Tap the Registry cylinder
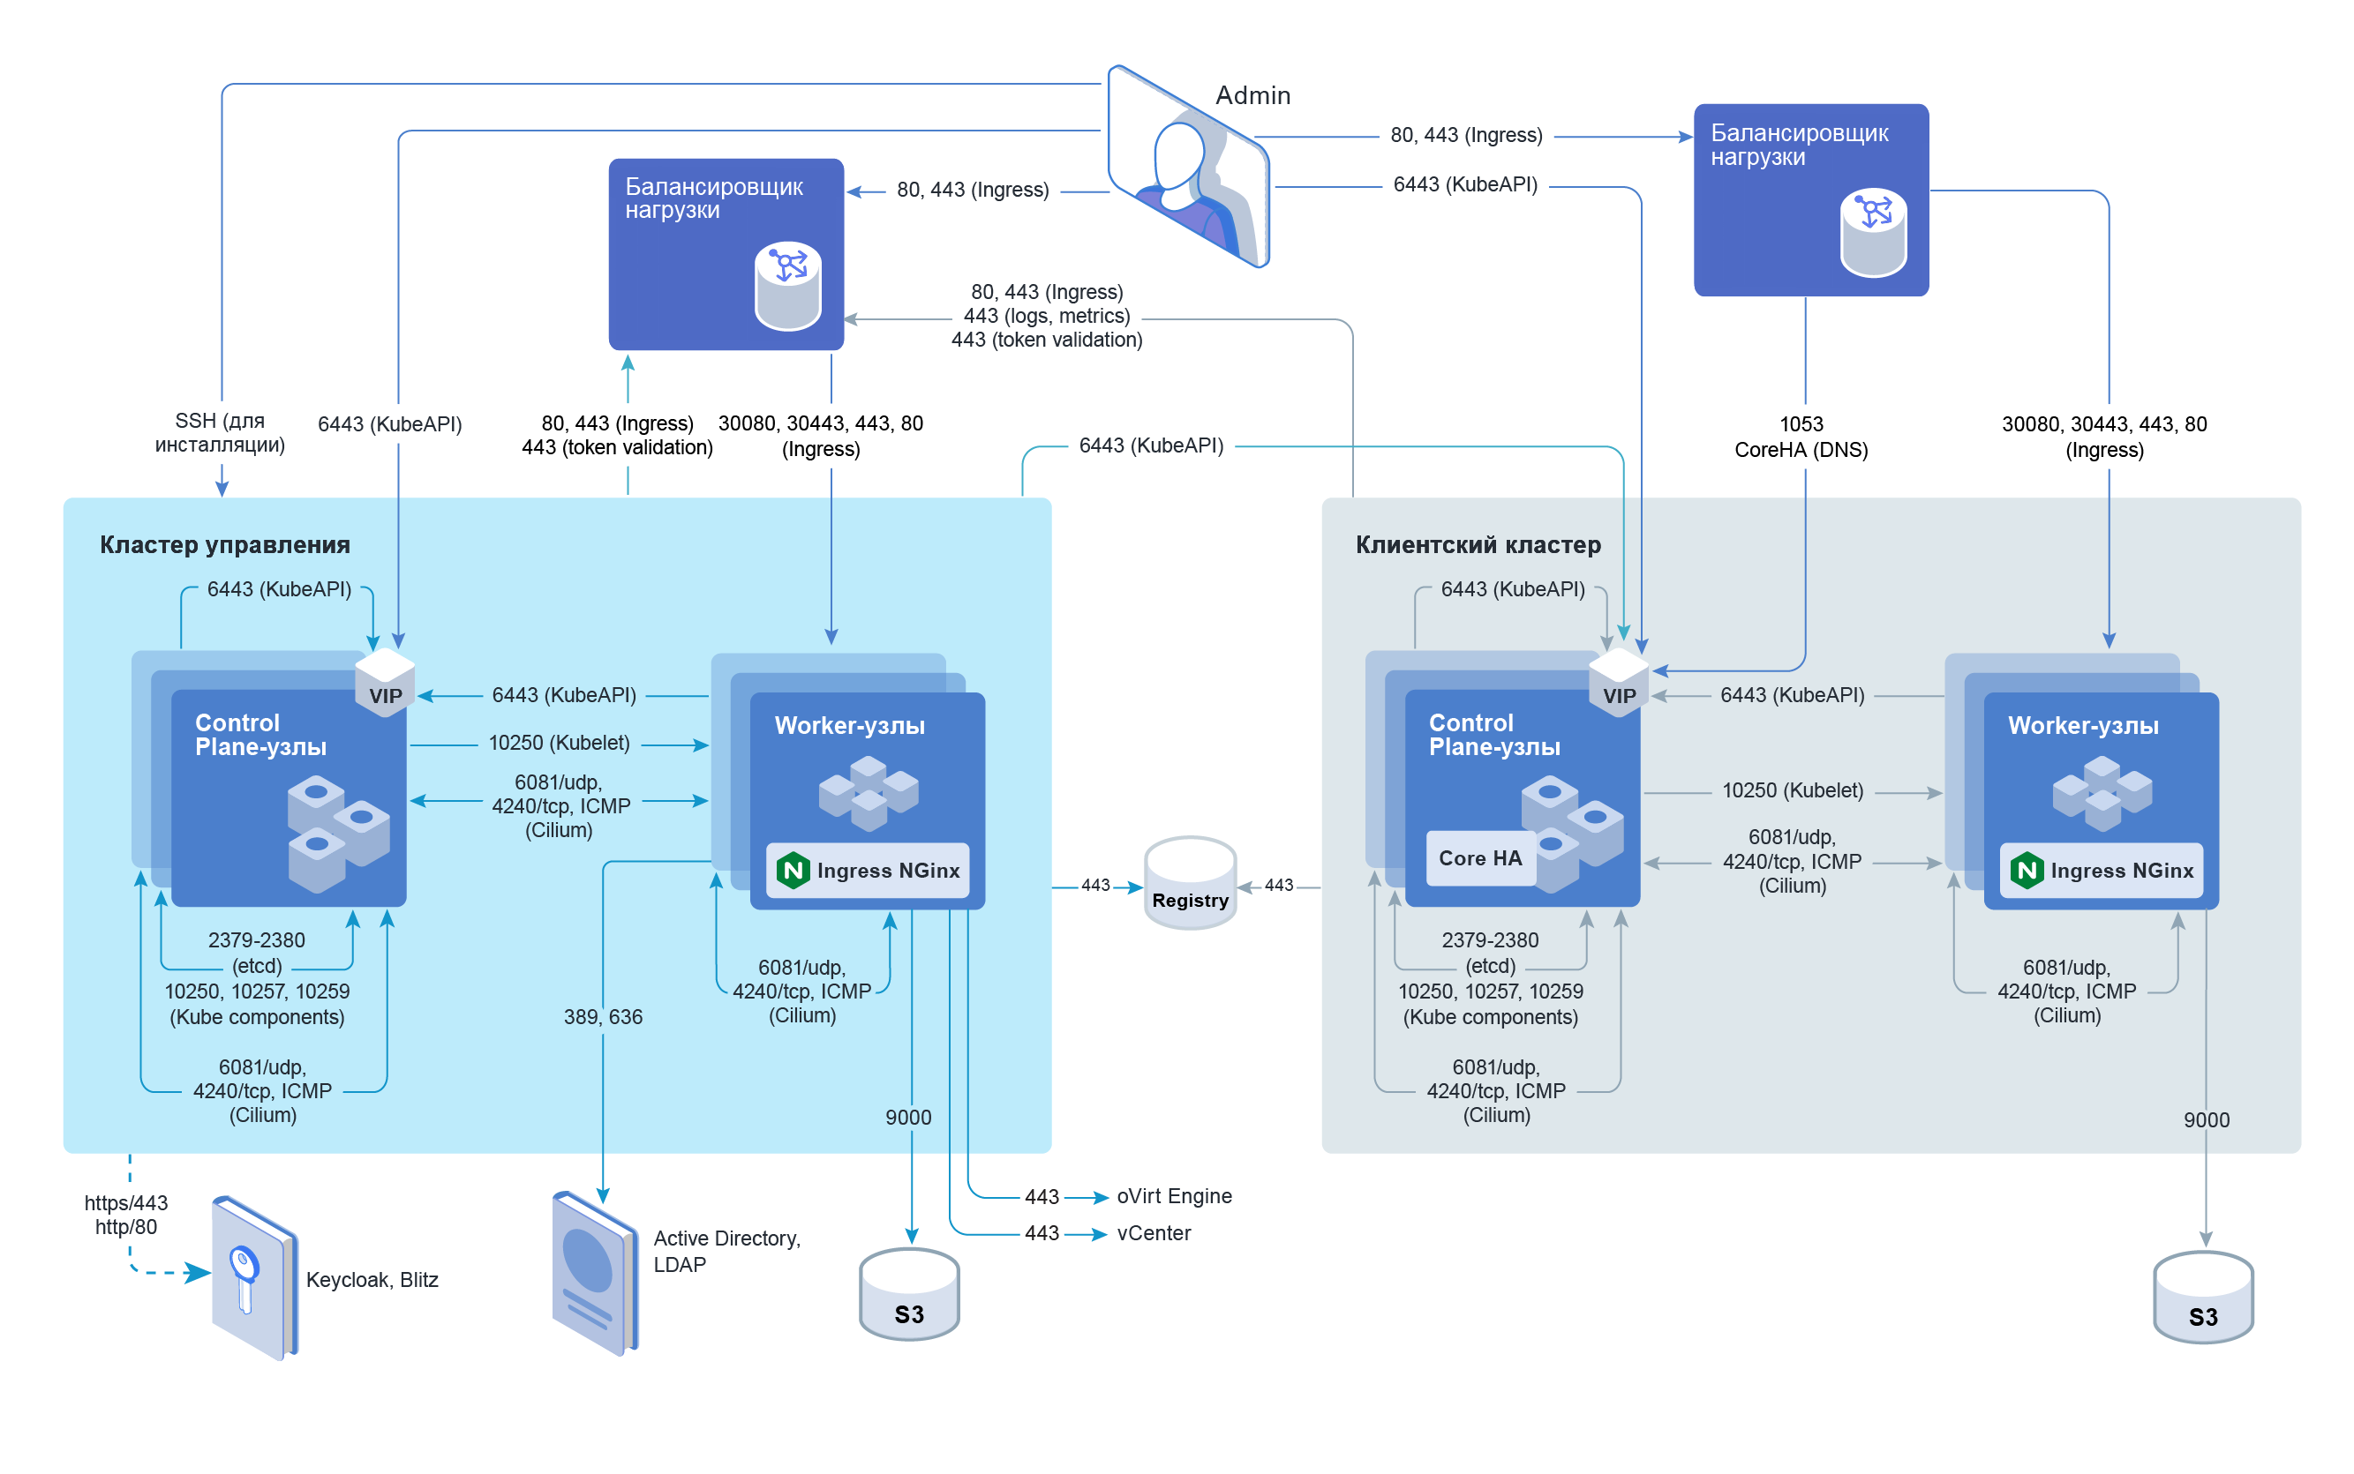point(1189,883)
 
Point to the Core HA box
point(1478,858)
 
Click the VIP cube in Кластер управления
point(384,684)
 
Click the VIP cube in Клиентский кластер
point(1618,684)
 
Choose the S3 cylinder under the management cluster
point(908,1296)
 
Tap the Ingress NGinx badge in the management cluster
point(868,870)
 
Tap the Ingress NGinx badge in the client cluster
point(2101,870)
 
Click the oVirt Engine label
point(1173,1196)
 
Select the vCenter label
point(1153,1233)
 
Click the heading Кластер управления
point(224,545)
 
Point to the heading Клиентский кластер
point(1478,545)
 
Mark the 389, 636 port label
point(603,1017)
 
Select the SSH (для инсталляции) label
point(220,433)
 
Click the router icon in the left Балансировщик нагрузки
point(787,286)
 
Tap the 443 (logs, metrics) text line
point(1045,316)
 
